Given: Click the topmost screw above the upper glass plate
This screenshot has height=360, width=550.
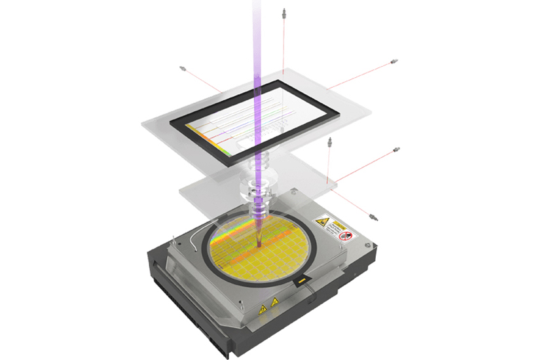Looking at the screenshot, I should [x=284, y=12].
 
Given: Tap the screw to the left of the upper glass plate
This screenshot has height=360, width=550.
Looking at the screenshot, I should [x=184, y=68].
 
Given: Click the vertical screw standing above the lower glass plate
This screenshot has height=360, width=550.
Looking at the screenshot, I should [x=329, y=143].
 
